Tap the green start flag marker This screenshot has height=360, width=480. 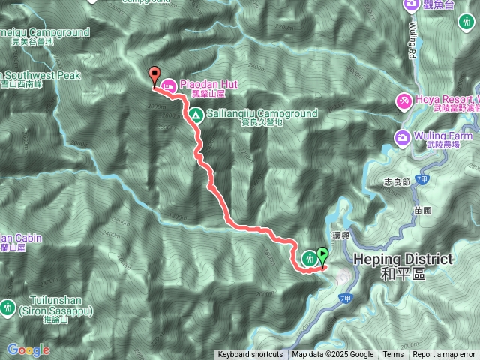pyautogui.click(x=322, y=256)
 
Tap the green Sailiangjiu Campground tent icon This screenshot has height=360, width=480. pyautogui.click(x=195, y=115)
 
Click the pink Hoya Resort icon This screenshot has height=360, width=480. pyautogui.click(x=403, y=100)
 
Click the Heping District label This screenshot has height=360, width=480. pyautogui.click(x=403, y=259)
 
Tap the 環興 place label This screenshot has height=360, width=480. pyautogui.click(x=341, y=223)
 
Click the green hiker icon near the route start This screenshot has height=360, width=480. pyautogui.click(x=309, y=258)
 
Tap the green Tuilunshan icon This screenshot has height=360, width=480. pyautogui.click(x=8, y=306)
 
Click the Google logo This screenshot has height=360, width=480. pyautogui.click(x=28, y=349)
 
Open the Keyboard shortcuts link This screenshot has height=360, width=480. pyautogui.click(x=250, y=355)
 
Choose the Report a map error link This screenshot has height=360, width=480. pyautogui.click(x=444, y=355)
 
